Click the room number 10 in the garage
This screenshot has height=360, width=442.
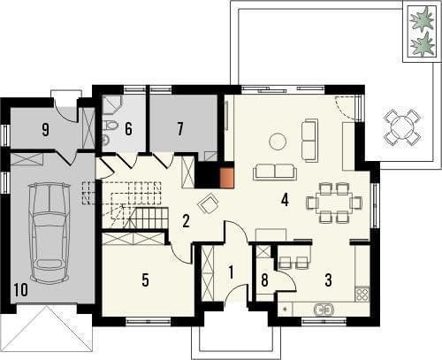coord(20,289)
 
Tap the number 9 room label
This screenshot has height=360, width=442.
coord(45,130)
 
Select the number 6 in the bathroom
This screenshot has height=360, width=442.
coord(128,129)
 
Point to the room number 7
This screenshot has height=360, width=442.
coord(180,129)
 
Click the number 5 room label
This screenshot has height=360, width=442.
coord(145,280)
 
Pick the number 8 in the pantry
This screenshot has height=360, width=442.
coord(264,280)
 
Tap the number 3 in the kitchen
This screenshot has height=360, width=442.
coord(329,280)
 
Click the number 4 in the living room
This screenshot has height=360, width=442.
coord(285,200)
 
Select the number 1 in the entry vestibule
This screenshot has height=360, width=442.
coord(231,272)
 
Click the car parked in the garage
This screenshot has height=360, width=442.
coord(50,233)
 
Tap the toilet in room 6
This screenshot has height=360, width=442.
coord(110,126)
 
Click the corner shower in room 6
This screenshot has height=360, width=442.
coord(110,105)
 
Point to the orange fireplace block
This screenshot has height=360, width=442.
coord(227,178)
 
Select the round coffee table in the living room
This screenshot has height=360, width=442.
coord(278,142)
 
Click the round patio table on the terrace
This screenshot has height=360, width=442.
coord(402,127)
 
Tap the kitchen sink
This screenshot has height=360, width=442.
coord(324,310)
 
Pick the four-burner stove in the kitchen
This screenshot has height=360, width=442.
coord(362,294)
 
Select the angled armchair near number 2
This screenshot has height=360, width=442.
coord(209,203)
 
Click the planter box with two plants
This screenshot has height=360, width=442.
coord(423,31)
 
